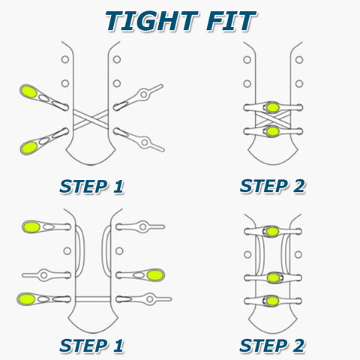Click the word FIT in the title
click(x=231, y=21)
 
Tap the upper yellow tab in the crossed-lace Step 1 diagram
click(x=29, y=91)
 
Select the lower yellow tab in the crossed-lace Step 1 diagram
click(x=29, y=147)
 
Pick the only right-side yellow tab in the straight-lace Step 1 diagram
click(x=155, y=275)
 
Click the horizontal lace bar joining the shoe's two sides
click(x=93, y=299)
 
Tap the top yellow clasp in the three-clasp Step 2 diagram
click(x=272, y=232)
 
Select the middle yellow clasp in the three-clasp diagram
click(x=273, y=277)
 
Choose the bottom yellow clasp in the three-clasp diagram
click(x=272, y=301)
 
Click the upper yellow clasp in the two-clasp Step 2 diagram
click(x=272, y=107)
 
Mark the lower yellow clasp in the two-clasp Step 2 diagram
click(x=272, y=131)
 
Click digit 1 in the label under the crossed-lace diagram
click(x=118, y=187)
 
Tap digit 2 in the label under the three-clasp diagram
click(x=298, y=346)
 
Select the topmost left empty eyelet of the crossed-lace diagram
click(x=65, y=59)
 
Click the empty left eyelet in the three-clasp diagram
click(x=247, y=255)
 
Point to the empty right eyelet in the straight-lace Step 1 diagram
click(x=119, y=250)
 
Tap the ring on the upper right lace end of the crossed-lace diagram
click(x=144, y=94)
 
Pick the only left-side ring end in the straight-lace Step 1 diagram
click(x=44, y=275)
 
